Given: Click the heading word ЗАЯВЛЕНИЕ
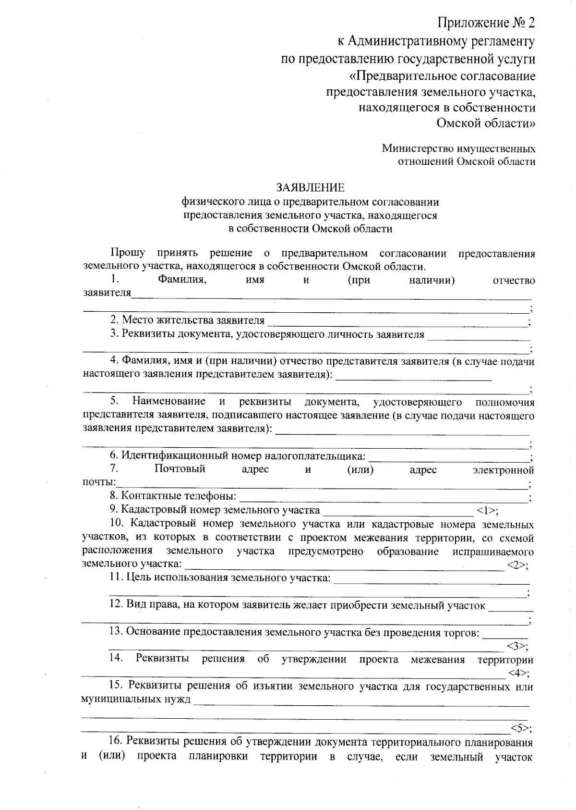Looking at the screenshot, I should [310, 187].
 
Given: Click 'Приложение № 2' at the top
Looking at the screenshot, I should [486, 23].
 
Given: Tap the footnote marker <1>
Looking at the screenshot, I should [487, 510].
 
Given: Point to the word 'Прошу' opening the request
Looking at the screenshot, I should [128, 253].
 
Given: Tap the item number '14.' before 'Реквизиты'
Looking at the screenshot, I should [116, 658].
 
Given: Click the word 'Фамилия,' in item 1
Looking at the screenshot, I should [182, 280].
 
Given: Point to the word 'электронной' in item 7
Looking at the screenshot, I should [504, 469].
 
